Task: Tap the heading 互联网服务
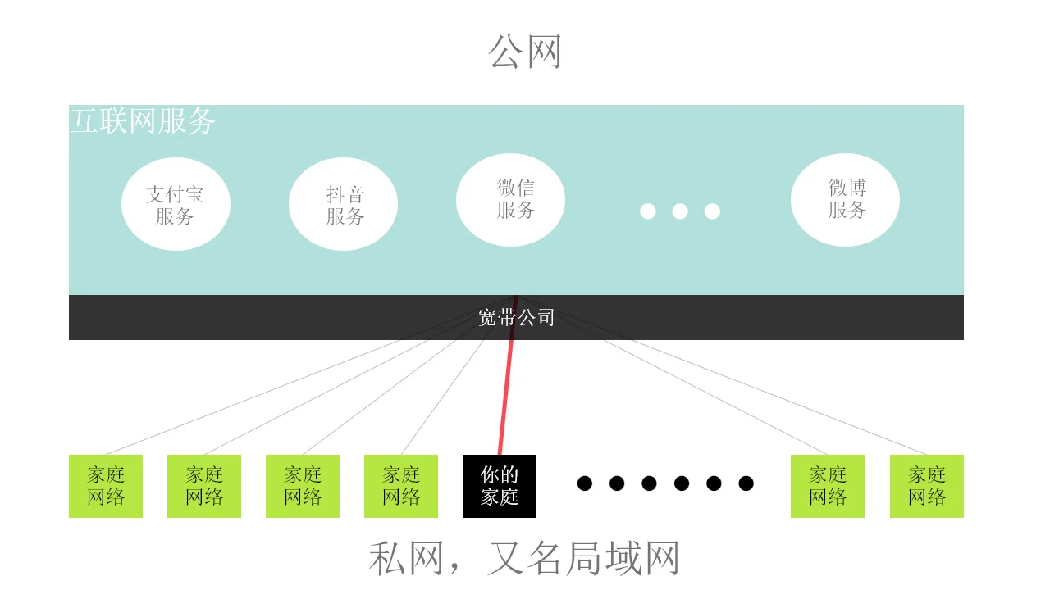pos(143,121)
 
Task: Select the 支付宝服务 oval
pos(176,204)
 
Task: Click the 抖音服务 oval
pos(343,204)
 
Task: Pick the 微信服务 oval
pos(510,200)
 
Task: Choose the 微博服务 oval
pos(845,200)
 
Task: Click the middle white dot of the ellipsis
pos(680,211)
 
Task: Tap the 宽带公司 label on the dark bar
pos(516,317)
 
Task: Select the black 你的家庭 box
pos(500,486)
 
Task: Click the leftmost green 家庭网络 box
pos(106,486)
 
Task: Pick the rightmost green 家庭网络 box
pos(927,486)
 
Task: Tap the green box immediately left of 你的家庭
pos(401,486)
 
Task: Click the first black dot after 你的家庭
pos(585,483)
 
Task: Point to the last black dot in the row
pos(746,483)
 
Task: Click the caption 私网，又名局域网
pos(525,559)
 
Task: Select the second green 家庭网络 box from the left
pos(204,486)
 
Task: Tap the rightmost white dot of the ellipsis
pos(712,211)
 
